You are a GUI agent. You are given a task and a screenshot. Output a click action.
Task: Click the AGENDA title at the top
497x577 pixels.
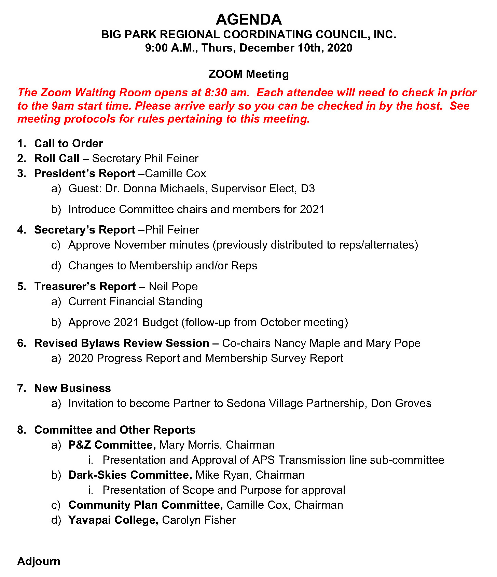tap(249, 19)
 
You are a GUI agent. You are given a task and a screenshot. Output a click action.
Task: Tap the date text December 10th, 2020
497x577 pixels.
tap(296, 48)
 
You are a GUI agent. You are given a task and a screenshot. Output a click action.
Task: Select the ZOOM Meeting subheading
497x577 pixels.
tap(249, 74)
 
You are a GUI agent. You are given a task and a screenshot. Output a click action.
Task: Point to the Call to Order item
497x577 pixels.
tap(69, 143)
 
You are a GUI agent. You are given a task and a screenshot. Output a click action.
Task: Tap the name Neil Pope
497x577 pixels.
tap(173, 286)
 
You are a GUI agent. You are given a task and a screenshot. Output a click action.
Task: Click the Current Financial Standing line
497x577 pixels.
tap(136, 301)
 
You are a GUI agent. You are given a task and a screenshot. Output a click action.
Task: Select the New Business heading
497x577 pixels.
tap(72, 388)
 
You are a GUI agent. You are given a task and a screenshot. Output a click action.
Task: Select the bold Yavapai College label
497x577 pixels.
tap(113, 520)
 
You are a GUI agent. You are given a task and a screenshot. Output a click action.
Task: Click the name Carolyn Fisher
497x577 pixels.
tap(199, 520)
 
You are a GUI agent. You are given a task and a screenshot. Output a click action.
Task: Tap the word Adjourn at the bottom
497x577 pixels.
tap(39, 561)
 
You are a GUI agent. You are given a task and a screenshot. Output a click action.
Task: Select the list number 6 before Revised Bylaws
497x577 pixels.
tap(22, 343)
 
